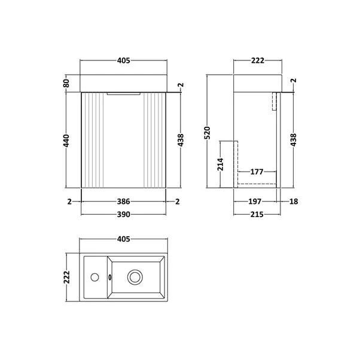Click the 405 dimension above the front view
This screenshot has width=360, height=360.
point(123,60)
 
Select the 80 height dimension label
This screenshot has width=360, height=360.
point(67,83)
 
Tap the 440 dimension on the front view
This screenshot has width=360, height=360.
point(67,141)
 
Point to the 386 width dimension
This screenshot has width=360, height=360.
point(124,202)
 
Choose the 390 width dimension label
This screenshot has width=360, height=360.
point(124,214)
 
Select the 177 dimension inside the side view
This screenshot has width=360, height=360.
point(257,172)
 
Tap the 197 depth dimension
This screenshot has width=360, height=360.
point(255,202)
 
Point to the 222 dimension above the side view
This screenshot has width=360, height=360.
point(257,60)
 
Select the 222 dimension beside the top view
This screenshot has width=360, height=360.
point(67,277)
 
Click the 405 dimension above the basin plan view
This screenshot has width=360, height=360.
point(123,240)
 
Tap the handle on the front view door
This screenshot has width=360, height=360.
point(124,93)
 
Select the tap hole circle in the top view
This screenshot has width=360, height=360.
point(95,277)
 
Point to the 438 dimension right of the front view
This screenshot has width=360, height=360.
point(180,141)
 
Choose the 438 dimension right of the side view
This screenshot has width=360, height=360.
point(294,141)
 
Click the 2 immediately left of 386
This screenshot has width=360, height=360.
point(70,202)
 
